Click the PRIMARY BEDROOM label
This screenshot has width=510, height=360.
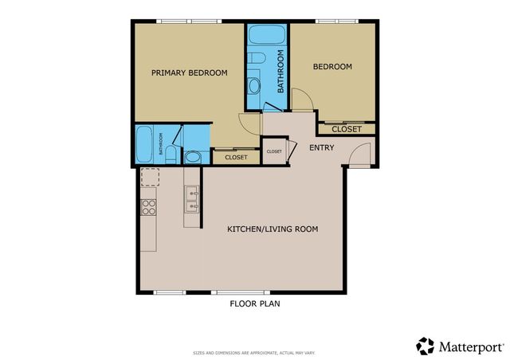(189, 72)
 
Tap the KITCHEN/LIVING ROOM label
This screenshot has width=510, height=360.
(273, 229)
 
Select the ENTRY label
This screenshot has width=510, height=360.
(321, 147)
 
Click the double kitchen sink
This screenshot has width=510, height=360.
(191, 200)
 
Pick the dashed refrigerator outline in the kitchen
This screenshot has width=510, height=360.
(149, 176)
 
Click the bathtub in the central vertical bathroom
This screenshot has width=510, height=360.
(260, 36)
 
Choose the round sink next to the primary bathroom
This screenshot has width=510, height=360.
(196, 156)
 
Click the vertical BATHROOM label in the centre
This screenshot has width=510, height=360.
(280, 71)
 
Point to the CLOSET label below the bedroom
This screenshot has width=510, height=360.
(346, 129)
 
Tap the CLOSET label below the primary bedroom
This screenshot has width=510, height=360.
(236, 158)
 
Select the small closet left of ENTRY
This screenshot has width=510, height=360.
(273, 151)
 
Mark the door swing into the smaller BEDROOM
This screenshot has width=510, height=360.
(301, 100)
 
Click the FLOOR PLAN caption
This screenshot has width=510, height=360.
(254, 303)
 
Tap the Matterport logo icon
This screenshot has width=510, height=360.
(425, 346)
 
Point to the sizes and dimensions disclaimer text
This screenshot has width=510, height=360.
(254, 352)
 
